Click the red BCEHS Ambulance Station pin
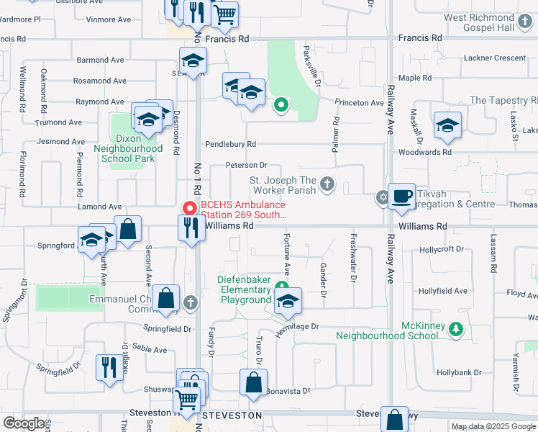[190, 207]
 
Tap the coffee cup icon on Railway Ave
[401, 195]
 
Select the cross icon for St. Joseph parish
[327, 184]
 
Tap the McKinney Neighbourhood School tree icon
[455, 329]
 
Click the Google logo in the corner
[24, 423]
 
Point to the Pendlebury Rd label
[230, 144]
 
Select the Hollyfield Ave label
[443, 291]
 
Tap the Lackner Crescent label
[495, 58]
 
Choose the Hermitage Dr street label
[296, 326]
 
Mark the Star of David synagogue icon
[382, 197]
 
